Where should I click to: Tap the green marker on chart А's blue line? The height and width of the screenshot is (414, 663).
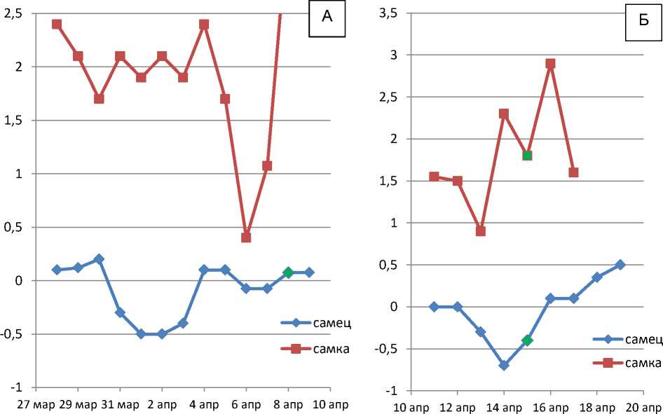[288, 272]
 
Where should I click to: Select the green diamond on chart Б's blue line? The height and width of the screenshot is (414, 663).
[527, 340]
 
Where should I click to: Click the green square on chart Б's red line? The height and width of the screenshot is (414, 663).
[527, 156]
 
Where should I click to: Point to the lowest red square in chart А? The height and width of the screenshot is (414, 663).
[246, 237]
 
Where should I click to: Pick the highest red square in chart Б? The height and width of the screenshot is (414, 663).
[550, 63]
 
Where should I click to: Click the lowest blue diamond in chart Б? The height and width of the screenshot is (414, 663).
[504, 366]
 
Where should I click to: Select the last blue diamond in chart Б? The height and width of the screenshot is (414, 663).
[620, 265]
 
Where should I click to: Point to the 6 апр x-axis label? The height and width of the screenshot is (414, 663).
[246, 405]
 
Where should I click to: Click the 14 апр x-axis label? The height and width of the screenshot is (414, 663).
[504, 406]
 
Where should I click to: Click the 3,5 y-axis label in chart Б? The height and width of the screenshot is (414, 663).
[390, 13]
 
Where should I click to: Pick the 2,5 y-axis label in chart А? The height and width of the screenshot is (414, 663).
[14, 13]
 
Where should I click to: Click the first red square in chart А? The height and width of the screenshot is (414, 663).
[57, 24]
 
